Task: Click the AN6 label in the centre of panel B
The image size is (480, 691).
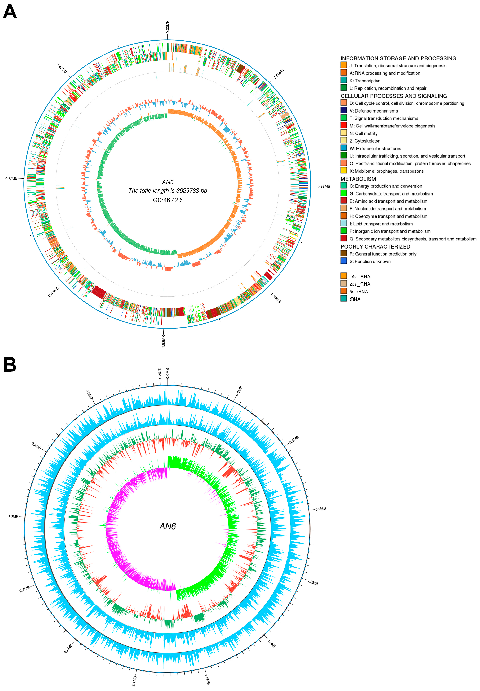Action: click(x=168, y=526)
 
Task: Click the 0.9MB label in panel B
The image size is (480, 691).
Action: click(x=321, y=509)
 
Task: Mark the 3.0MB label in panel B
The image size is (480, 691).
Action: click(x=13, y=516)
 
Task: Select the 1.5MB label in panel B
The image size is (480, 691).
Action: click(x=272, y=644)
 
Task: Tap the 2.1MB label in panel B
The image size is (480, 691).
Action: click(x=134, y=681)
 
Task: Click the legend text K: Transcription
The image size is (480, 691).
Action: click(x=365, y=81)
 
